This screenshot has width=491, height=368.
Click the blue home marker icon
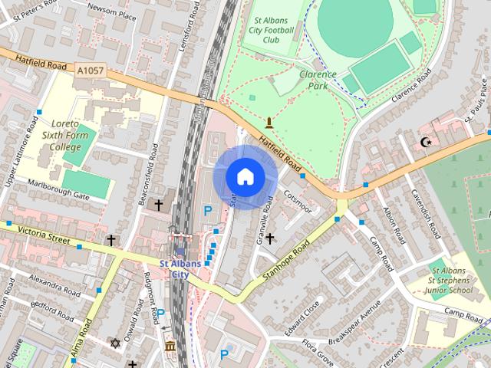coord(244,177)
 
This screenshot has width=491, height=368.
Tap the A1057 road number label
coord(90,70)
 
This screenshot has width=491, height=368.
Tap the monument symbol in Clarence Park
coord(269,122)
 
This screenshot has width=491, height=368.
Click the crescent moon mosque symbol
coord(427,142)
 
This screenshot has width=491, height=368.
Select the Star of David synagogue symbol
coord(116,343)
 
